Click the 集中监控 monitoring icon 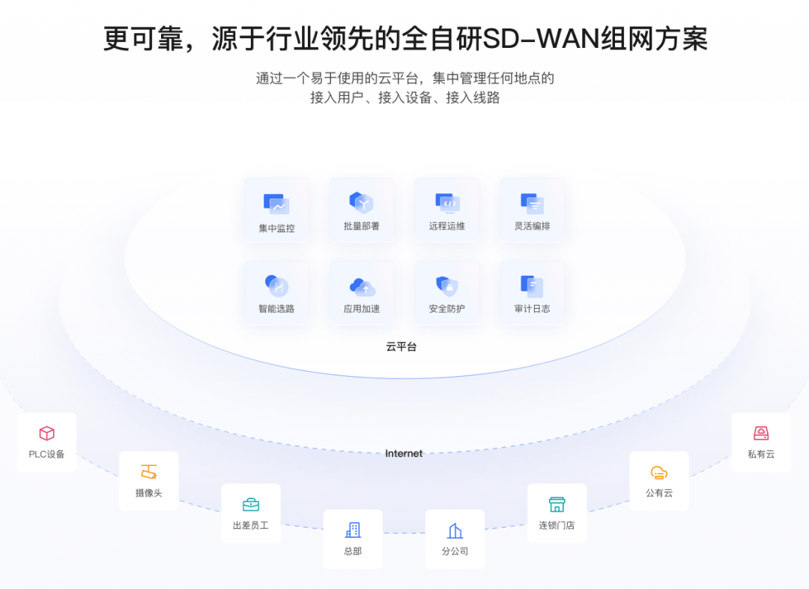click(276, 204)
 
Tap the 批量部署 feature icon click(361, 202)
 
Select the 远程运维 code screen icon click(446, 203)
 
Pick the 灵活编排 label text click(532, 226)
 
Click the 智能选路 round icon click(276, 286)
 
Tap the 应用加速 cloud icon click(363, 286)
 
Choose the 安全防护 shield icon click(446, 286)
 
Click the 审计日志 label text click(532, 309)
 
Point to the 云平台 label click(402, 346)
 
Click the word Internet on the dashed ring click(404, 453)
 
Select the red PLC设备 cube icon click(47, 433)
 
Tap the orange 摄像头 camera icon click(148, 472)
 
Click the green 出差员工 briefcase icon click(251, 504)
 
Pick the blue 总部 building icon click(353, 530)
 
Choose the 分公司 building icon click(455, 531)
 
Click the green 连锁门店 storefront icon click(557, 504)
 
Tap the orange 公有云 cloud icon click(659, 472)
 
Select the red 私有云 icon click(761, 433)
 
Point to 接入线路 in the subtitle click(473, 97)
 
